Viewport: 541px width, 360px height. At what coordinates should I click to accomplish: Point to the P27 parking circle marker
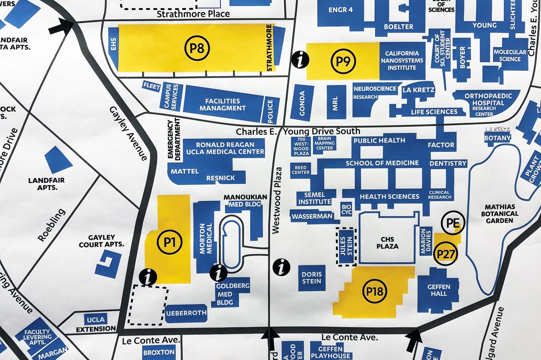tap(446, 255)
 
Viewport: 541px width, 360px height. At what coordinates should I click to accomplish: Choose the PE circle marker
tap(452, 223)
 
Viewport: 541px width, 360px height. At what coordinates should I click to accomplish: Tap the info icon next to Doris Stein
tap(282, 267)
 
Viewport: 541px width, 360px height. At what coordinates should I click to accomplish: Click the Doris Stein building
tap(312, 278)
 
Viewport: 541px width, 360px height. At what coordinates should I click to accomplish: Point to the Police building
tap(270, 110)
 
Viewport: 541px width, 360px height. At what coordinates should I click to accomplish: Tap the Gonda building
tap(302, 103)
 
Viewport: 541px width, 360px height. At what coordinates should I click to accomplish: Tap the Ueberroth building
tap(186, 313)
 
